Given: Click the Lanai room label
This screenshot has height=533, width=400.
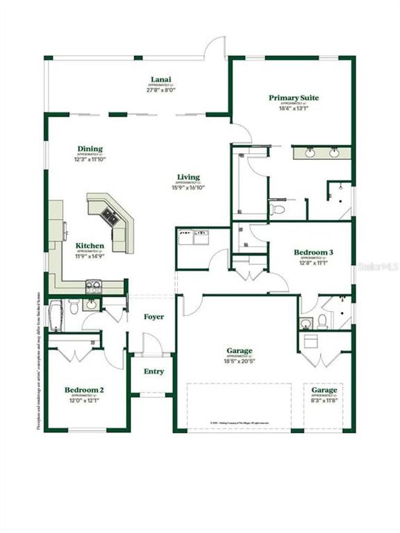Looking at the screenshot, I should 157,79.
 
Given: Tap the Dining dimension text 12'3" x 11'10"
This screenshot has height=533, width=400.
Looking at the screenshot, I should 90,159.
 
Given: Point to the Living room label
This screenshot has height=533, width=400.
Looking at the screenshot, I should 188,177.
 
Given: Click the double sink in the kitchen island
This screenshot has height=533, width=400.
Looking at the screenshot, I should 110,215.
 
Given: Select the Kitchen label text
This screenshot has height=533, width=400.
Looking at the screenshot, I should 90,246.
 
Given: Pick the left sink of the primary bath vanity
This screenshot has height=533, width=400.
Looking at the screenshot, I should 309,153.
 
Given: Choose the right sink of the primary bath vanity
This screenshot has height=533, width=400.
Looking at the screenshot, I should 335,153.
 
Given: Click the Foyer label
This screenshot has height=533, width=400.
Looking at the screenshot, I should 154,317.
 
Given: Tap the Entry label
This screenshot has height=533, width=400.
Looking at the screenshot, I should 154,372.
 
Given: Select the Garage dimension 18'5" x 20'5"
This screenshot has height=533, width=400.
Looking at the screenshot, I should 239,361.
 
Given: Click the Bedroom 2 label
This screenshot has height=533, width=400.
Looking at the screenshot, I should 83,390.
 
